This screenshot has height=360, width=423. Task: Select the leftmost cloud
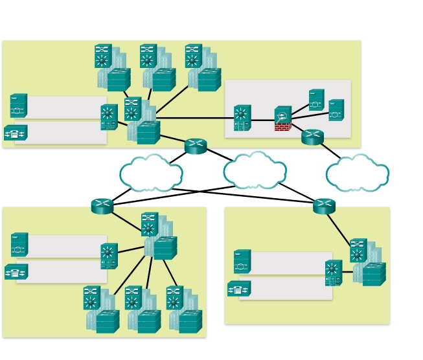click(151, 174)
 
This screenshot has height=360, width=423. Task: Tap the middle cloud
click(255, 171)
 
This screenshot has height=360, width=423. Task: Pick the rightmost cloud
click(357, 174)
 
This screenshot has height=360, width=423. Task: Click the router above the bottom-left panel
click(102, 206)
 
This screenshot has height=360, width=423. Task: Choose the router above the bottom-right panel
click(324, 206)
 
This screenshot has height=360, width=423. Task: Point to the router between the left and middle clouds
click(195, 146)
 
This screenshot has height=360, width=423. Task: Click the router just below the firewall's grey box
click(312, 137)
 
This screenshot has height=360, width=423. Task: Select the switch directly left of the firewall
click(242, 118)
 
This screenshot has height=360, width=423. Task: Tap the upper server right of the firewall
click(316, 100)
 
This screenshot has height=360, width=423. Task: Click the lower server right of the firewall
click(336, 110)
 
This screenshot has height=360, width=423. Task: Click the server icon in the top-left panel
click(18, 106)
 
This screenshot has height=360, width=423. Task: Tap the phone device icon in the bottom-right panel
click(238, 289)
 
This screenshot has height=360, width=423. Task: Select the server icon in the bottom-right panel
click(242, 262)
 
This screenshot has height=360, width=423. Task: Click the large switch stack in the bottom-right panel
click(368, 263)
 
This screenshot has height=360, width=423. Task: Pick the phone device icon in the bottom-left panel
click(16, 272)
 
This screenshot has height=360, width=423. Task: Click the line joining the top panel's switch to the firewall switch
click(194, 118)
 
